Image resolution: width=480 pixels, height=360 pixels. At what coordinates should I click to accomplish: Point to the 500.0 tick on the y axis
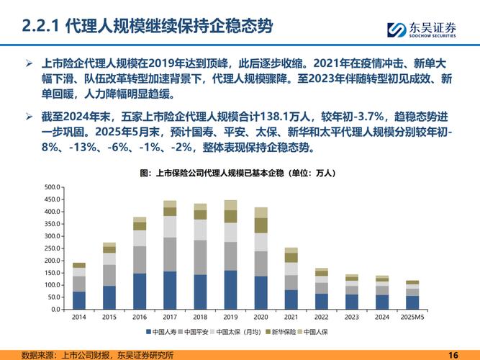[x=53, y=187]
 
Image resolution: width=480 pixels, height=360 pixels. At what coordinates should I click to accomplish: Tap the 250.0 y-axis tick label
[x=53, y=248]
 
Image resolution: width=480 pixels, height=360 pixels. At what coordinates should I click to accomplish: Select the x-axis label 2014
[x=78, y=318]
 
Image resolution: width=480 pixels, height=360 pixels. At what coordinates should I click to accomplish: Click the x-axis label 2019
[x=230, y=318]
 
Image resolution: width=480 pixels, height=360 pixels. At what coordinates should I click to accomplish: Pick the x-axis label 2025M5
[x=412, y=318]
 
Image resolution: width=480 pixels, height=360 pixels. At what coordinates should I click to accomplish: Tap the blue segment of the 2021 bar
[x=291, y=300]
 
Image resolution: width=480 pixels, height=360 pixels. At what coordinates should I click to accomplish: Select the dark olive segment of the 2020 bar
[x=261, y=225]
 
